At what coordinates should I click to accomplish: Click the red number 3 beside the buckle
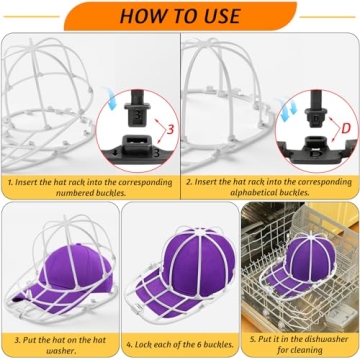point(169,130)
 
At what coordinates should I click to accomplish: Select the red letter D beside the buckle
point(346,128)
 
